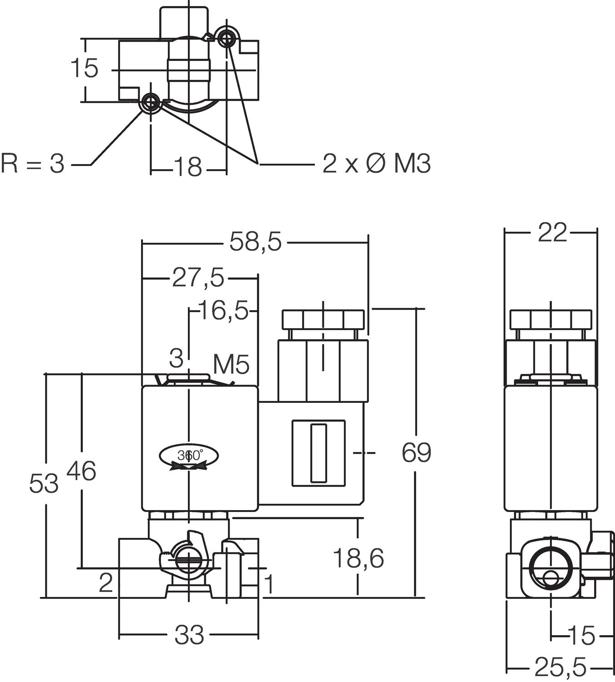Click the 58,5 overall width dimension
(x=255, y=241)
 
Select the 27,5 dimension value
(x=198, y=277)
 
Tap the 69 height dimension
(x=416, y=452)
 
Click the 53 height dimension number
(x=44, y=483)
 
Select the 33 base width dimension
(x=189, y=635)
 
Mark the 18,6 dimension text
(x=358, y=558)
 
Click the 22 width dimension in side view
(x=552, y=232)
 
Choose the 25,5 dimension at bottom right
(x=560, y=667)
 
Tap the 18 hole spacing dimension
(x=188, y=167)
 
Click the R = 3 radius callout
(x=33, y=163)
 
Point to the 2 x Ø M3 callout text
(x=376, y=163)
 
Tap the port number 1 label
(x=269, y=584)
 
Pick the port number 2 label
(x=106, y=582)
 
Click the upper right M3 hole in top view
(x=226, y=39)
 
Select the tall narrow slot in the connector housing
(x=318, y=453)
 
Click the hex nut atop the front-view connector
(x=323, y=320)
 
